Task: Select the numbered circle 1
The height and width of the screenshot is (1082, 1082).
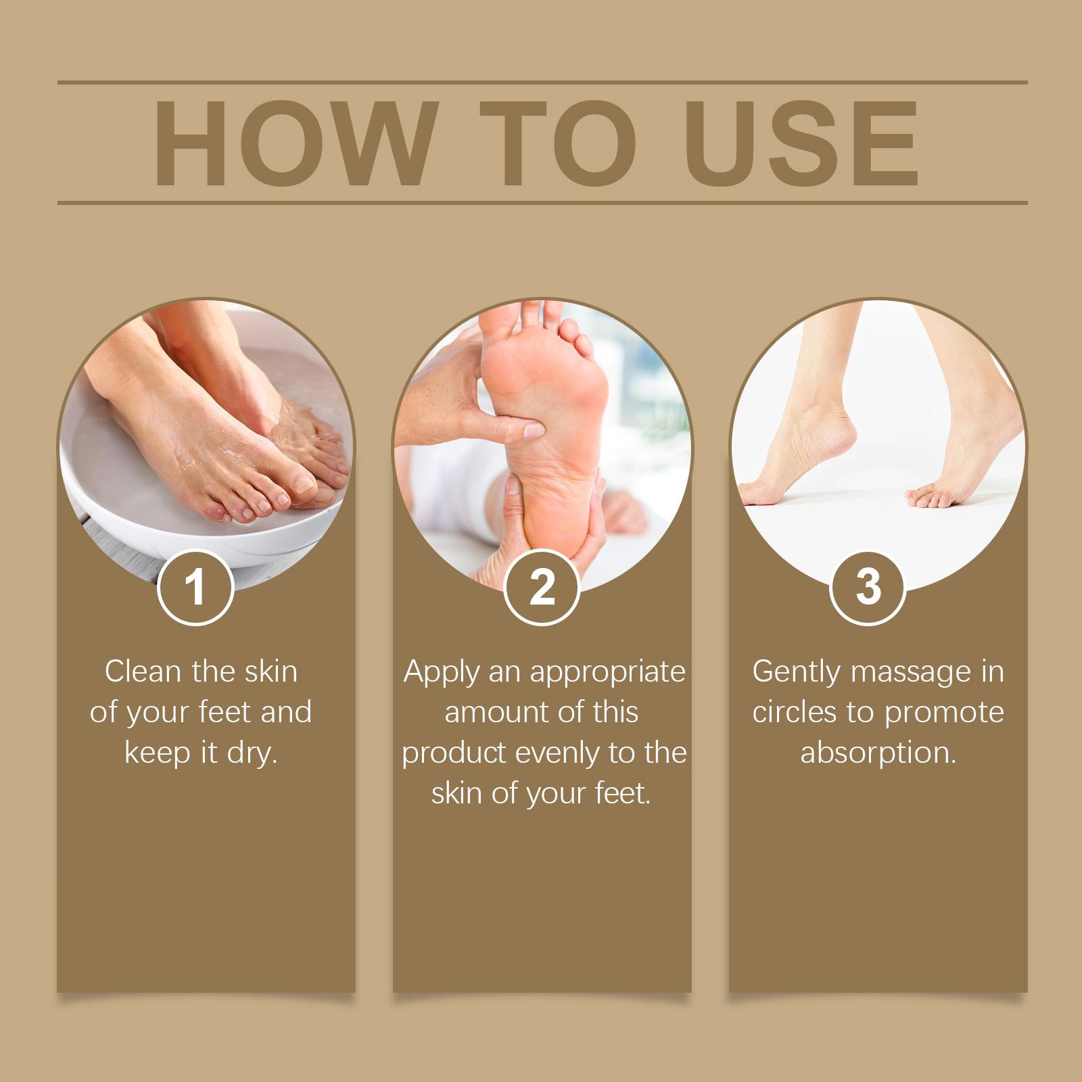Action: [195, 587]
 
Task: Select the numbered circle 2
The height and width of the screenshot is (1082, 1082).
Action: [542, 587]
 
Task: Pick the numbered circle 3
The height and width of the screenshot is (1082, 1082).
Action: [868, 587]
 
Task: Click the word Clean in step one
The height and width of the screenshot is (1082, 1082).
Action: [143, 672]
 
